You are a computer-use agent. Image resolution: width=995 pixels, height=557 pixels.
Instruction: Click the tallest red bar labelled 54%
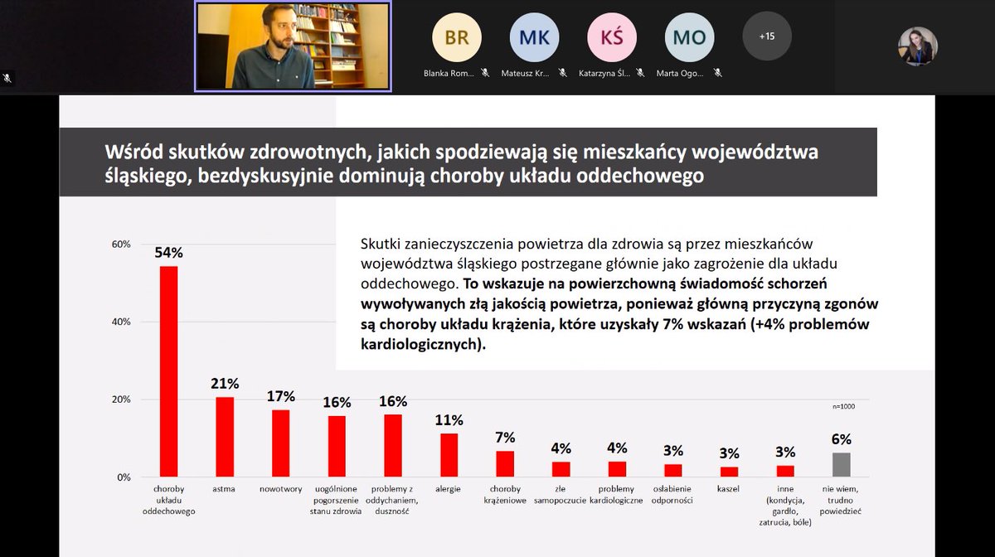click(x=168, y=371)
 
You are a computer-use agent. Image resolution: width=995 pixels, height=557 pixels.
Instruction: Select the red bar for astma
click(x=225, y=437)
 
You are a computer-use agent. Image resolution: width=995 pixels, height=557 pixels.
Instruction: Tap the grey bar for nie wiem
click(x=840, y=464)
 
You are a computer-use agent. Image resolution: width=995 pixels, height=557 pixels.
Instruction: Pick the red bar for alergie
click(x=449, y=455)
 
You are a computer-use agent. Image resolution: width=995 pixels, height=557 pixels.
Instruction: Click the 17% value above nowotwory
click(x=280, y=396)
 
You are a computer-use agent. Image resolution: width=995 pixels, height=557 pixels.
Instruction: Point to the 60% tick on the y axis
click(x=121, y=245)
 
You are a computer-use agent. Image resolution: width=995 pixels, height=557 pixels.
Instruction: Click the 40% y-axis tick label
click(x=121, y=322)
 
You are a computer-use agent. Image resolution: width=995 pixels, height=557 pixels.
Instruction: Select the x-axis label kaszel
click(x=729, y=489)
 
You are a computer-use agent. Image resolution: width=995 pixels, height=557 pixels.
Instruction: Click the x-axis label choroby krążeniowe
click(x=505, y=495)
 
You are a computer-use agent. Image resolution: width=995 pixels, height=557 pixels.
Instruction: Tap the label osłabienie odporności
click(x=673, y=495)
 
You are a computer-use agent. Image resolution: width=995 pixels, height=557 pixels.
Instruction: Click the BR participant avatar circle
click(x=457, y=37)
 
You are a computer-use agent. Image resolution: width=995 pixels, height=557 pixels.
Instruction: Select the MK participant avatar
click(x=534, y=37)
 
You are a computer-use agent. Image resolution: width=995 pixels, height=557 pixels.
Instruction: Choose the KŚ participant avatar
click(x=612, y=37)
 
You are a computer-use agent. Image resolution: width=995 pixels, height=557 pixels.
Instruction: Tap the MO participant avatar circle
click(x=689, y=37)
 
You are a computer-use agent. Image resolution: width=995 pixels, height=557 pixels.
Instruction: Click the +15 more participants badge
click(x=767, y=36)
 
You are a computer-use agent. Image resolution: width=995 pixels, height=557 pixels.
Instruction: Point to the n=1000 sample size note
click(x=843, y=406)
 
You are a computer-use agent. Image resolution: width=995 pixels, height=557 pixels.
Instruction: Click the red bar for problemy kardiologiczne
click(x=617, y=469)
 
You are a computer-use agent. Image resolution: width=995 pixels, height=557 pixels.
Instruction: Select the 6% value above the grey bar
click(x=841, y=439)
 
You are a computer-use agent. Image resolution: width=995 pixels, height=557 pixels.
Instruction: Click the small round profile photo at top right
click(x=918, y=46)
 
